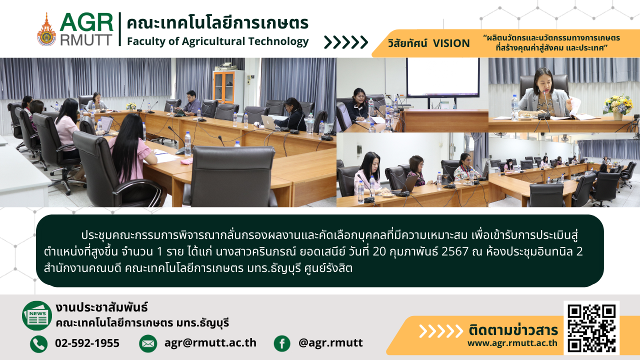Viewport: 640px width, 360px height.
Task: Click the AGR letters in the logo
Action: [x=86, y=22]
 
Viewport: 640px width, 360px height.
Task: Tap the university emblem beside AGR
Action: [x=46, y=29]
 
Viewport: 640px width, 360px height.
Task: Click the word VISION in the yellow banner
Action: [x=451, y=43]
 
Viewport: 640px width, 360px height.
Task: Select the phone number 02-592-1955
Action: [x=87, y=343]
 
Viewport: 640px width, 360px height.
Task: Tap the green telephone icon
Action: [x=39, y=343]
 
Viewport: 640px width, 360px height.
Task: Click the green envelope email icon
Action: [x=148, y=343]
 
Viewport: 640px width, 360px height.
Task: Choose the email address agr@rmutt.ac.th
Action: [x=210, y=343]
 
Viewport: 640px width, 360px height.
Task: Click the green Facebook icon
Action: [x=282, y=343]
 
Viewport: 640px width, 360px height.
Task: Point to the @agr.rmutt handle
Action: [x=330, y=343]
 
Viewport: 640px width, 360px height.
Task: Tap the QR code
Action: [x=591, y=327]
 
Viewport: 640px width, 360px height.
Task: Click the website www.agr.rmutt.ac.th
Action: [x=512, y=343]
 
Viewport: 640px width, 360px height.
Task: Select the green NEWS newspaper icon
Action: [x=37, y=315]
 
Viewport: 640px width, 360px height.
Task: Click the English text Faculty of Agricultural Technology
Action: [x=217, y=41]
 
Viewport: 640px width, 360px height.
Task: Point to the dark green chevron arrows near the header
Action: [x=346, y=42]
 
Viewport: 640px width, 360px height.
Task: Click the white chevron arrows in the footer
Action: [x=441, y=331]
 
